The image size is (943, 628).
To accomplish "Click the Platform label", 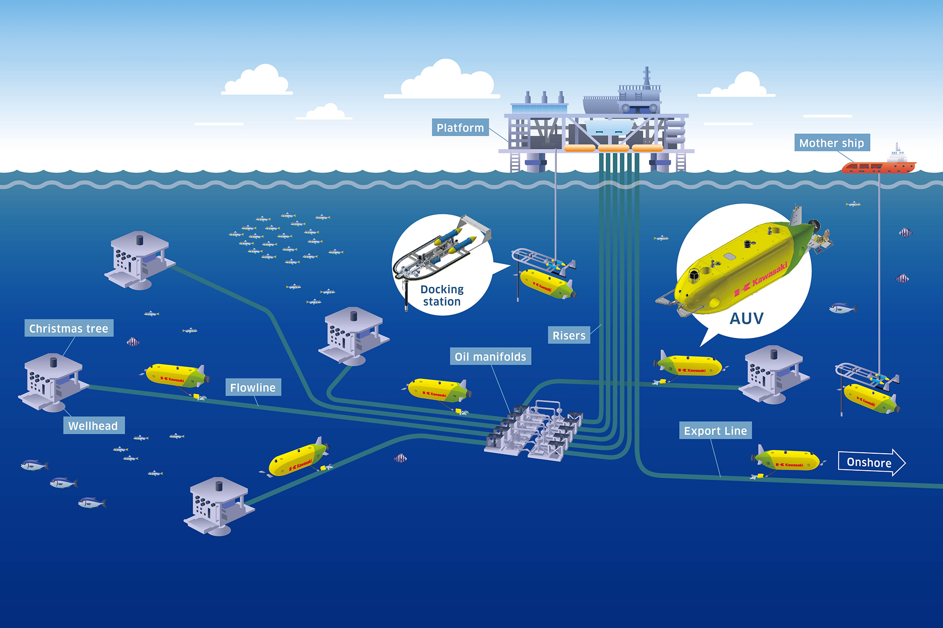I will (460, 128).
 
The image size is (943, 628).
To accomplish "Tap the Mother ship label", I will (831, 143).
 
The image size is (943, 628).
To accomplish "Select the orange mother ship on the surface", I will (878, 166).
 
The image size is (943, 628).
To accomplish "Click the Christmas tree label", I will (69, 328).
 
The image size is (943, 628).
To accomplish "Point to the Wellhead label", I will (93, 425).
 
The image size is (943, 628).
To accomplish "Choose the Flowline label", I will (253, 387).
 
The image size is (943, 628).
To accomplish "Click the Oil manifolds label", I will (490, 357).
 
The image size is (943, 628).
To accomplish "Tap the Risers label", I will (569, 335).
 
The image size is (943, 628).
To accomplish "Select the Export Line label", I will (715, 431).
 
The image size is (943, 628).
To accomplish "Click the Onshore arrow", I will (871, 462).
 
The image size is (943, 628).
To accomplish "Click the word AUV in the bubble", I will (746, 319).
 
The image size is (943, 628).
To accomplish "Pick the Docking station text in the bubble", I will (442, 295).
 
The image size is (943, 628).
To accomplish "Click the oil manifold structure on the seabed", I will (535, 431).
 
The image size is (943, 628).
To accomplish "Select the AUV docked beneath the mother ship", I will (870, 399).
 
